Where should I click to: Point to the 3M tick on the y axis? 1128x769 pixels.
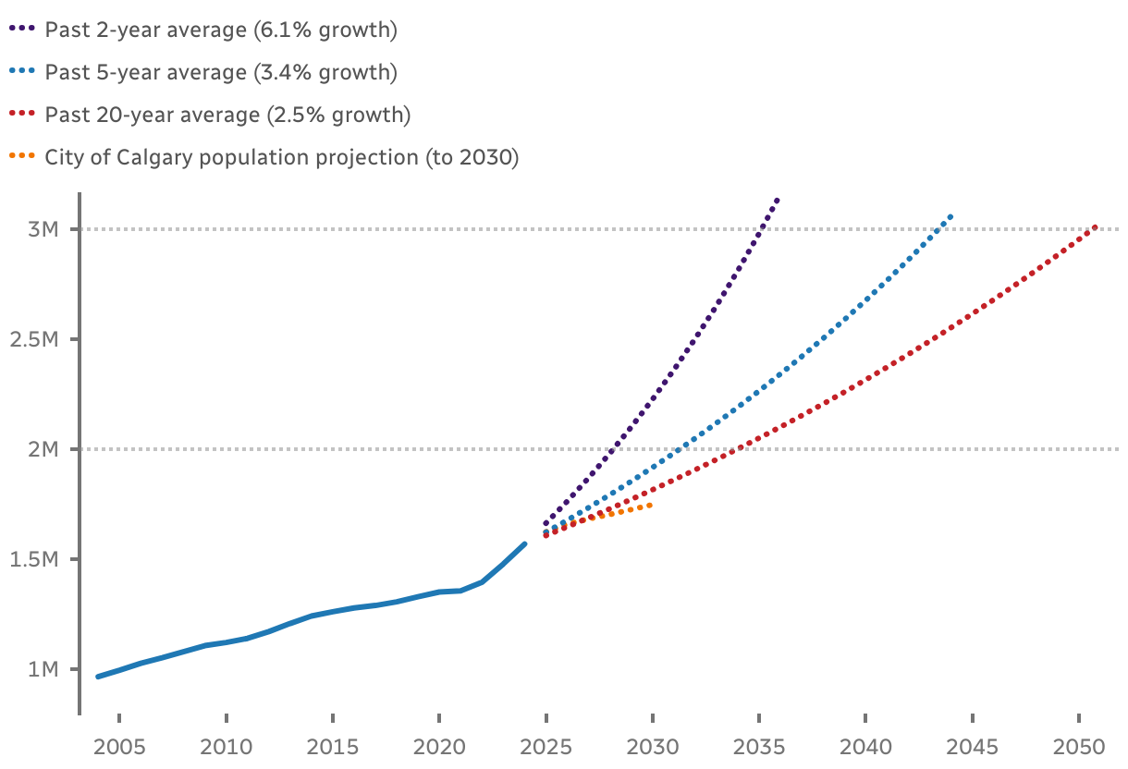[x=43, y=229]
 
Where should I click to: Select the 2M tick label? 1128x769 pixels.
[x=43, y=449]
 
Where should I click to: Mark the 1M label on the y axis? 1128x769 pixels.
[x=43, y=669]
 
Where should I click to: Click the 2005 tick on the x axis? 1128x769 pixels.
[x=120, y=745]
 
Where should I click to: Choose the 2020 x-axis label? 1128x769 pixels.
[x=439, y=745]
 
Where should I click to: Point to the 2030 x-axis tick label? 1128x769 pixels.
[x=653, y=745]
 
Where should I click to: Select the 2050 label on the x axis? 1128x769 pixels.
[x=1078, y=745]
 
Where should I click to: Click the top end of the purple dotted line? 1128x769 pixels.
[x=778, y=200]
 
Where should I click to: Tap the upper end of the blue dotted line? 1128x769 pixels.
[x=950, y=216]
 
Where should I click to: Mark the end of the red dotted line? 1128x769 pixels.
[x=1096, y=226]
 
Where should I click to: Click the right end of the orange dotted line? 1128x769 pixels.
[x=651, y=505]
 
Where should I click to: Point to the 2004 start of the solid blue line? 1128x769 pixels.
[x=98, y=677]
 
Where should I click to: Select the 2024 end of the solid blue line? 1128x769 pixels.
[x=524, y=544]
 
